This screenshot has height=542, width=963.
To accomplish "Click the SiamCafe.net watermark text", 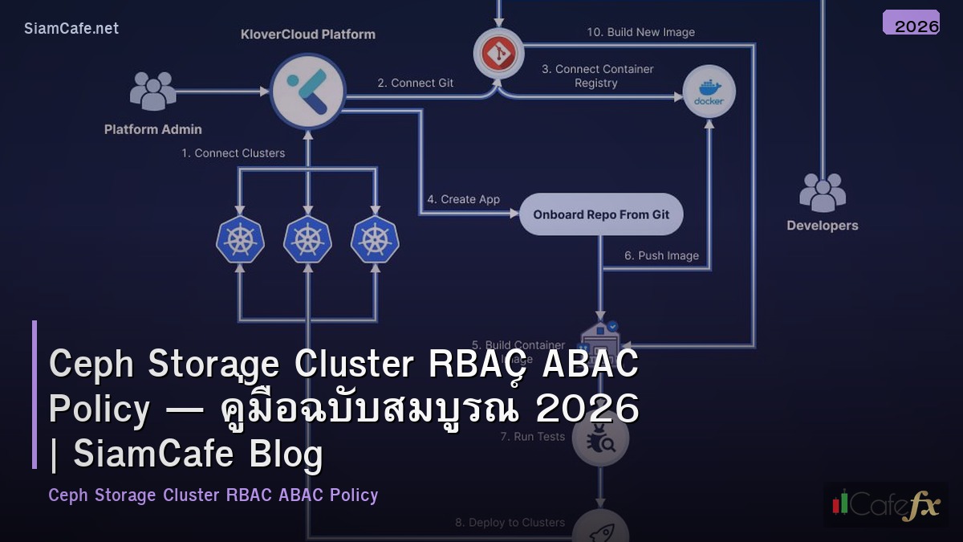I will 71,28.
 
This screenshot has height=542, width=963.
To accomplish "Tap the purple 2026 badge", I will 911,23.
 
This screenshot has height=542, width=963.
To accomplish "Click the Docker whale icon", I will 709,92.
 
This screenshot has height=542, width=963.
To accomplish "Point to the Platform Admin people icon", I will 152,91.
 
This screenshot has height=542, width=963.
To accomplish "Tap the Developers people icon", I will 822,193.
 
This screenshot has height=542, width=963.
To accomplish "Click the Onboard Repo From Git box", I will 601,214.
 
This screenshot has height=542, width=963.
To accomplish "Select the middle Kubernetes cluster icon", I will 307,239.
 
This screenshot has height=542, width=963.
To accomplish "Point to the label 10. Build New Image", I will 640,32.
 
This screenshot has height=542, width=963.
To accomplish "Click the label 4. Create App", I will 463,199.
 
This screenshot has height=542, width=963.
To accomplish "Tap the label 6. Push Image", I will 661,255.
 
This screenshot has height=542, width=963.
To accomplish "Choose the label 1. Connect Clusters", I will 233,153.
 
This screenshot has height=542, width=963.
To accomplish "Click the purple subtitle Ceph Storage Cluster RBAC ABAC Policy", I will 213,495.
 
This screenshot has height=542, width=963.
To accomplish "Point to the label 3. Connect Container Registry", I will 597,75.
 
